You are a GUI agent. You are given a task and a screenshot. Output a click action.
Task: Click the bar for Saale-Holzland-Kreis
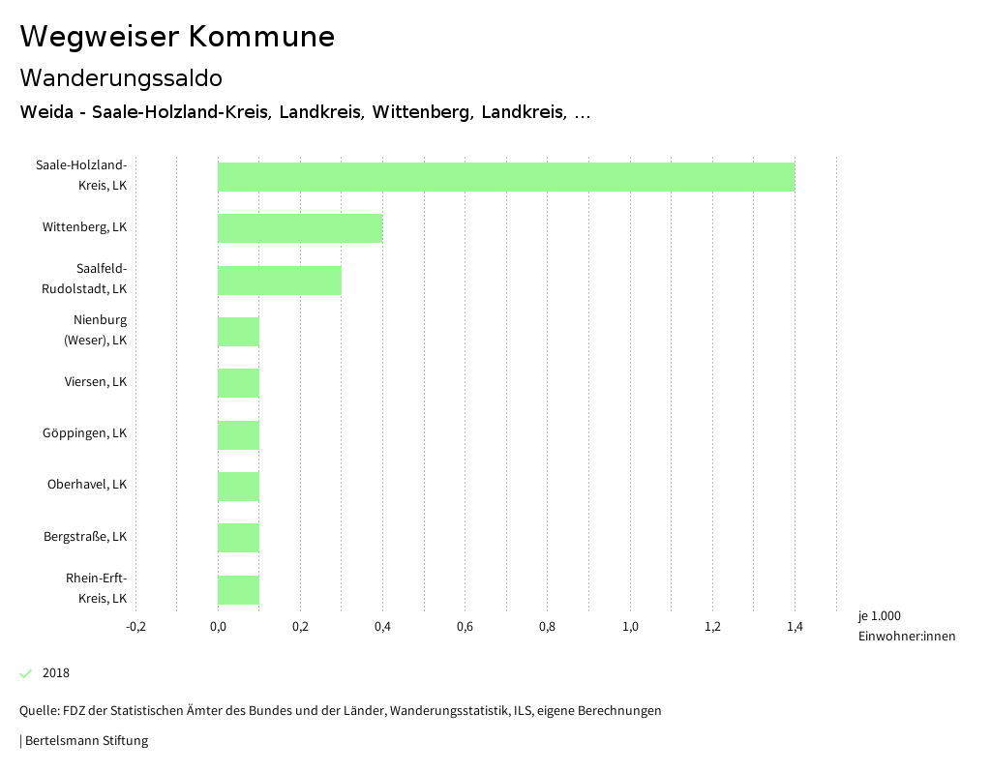pos(505,177)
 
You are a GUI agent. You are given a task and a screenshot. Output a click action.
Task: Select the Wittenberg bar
pos(300,228)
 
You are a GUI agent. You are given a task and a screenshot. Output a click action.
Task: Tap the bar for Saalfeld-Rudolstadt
pos(280,281)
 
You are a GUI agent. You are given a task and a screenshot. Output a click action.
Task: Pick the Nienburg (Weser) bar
pos(238,332)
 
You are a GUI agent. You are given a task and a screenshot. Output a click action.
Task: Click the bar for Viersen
pos(238,383)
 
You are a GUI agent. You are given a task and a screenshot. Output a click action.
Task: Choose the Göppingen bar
pos(238,435)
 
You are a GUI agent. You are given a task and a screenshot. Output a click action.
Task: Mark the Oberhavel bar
pos(238,487)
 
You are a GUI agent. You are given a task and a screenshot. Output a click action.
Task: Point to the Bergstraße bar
pos(238,538)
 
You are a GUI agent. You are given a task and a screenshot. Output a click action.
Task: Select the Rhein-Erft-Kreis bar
pos(238,590)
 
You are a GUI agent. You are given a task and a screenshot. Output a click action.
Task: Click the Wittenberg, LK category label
pos(84,227)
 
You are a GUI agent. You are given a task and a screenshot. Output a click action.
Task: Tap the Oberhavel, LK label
pos(87,484)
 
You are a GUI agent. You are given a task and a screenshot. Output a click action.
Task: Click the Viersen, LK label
pos(96,381)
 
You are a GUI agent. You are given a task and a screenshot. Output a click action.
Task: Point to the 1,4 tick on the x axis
pos(795,627)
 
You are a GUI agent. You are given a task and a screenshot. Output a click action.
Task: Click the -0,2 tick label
pos(135,627)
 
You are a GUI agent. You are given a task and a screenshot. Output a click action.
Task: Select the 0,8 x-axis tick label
pos(547,627)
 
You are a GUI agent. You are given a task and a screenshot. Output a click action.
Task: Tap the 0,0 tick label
pos(218,627)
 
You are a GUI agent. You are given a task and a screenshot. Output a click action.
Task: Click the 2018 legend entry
pos(55,673)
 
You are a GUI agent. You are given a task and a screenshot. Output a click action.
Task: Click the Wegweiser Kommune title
pos(177,37)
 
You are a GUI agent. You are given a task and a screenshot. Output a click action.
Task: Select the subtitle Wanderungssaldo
pos(121,77)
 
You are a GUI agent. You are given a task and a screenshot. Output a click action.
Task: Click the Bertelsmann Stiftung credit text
pos(85,741)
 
